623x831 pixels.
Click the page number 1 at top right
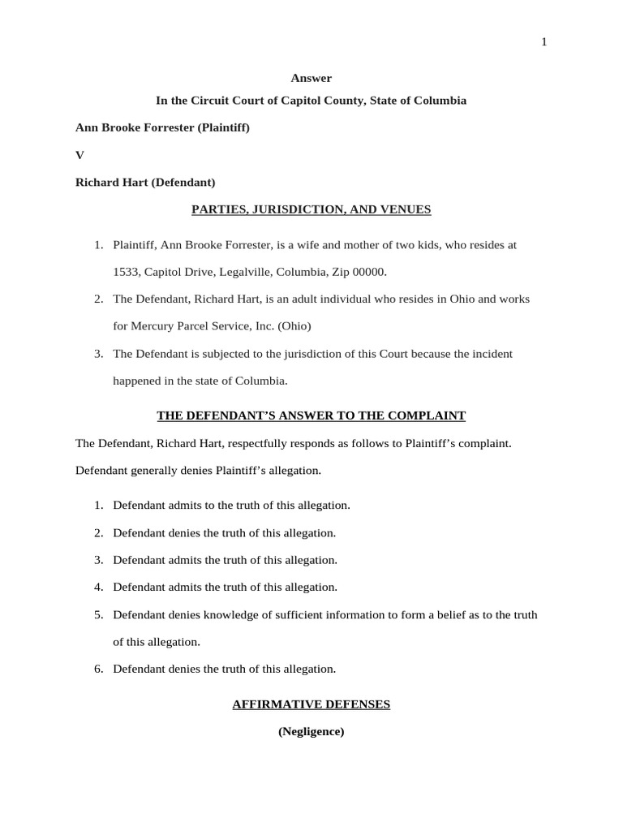(x=544, y=43)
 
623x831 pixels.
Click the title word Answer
(x=311, y=78)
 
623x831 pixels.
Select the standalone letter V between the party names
(x=79, y=154)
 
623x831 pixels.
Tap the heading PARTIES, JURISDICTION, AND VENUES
(x=311, y=209)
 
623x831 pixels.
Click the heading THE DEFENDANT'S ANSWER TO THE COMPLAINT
(x=311, y=415)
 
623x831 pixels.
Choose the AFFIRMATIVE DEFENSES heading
(x=311, y=704)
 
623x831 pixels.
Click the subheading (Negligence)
(x=311, y=731)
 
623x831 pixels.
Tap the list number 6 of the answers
(x=98, y=669)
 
